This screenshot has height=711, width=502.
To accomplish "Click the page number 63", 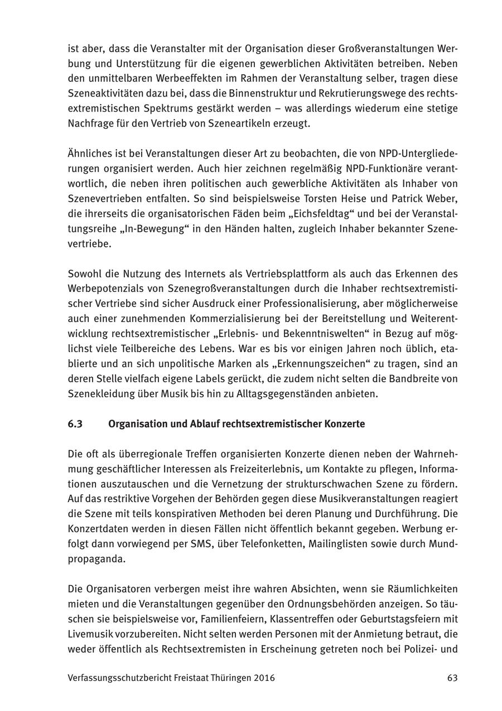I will pos(452,678).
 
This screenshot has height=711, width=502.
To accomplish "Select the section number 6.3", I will pos(75,424).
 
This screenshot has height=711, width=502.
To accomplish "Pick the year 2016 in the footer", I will pos(263,678).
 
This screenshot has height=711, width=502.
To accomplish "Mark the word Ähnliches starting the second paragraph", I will pos(88,154).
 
